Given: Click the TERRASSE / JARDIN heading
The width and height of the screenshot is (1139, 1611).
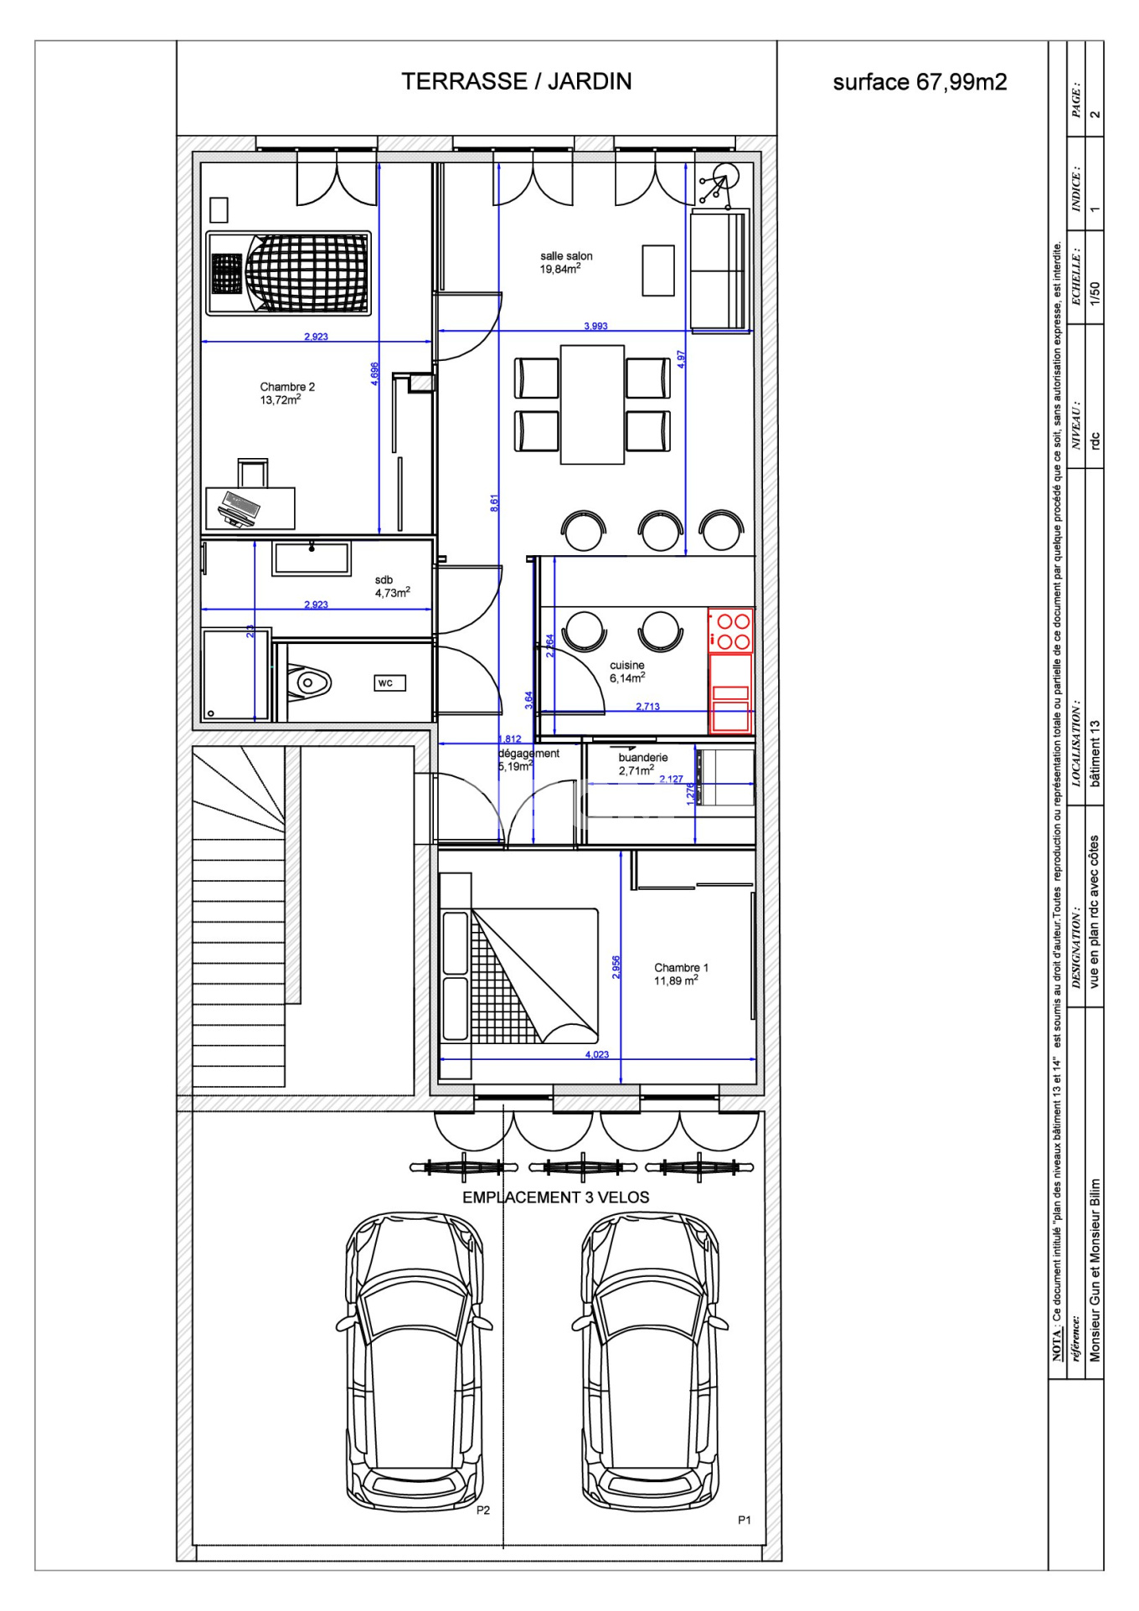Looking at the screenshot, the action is point(516,81).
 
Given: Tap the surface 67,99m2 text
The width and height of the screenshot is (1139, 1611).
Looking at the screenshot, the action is point(920,82).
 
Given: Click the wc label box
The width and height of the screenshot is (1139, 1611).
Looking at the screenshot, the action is point(389,683).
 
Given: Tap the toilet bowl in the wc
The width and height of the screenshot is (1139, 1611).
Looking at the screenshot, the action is point(308,683).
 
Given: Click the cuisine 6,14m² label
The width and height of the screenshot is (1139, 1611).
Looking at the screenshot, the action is point(627,672).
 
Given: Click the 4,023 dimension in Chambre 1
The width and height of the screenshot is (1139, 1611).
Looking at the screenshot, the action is point(597,1054).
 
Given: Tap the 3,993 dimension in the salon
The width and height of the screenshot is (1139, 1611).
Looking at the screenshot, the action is point(595,326).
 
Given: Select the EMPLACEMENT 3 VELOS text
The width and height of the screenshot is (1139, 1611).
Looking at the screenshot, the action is point(556,1197).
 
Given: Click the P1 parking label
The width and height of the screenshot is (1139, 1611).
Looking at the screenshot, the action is point(745,1520).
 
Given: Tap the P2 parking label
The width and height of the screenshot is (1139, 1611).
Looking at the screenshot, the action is point(483,1510).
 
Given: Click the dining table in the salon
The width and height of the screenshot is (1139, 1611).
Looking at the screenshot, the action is point(592,404).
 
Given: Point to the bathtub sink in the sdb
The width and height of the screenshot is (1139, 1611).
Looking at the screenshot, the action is point(312,558).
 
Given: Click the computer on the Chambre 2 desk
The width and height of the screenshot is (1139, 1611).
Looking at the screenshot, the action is point(240,509).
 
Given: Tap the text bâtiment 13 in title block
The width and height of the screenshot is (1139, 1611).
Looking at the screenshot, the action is point(1095,753).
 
